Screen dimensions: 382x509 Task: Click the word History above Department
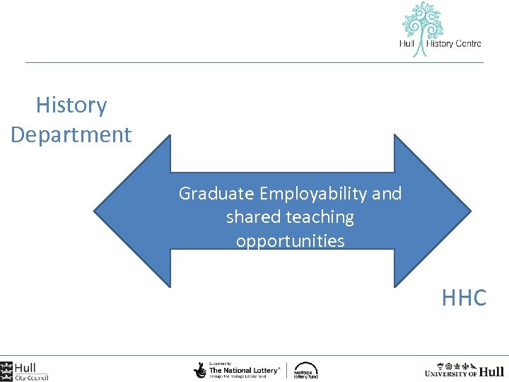(x=71, y=105)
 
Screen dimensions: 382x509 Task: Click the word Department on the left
(x=71, y=134)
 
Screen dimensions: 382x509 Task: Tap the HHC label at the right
(x=464, y=298)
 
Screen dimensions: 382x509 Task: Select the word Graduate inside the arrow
(x=217, y=193)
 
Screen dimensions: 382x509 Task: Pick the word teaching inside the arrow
(x=317, y=217)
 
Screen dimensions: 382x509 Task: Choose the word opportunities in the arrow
(x=290, y=241)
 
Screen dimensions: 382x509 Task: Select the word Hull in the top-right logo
(x=407, y=44)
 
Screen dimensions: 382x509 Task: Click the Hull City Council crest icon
(x=6, y=370)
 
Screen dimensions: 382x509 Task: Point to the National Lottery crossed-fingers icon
(x=200, y=369)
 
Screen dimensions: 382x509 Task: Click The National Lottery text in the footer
(x=243, y=370)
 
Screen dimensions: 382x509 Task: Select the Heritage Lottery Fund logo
(x=306, y=370)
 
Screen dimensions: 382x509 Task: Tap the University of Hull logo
(x=464, y=370)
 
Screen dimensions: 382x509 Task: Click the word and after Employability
(x=386, y=193)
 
